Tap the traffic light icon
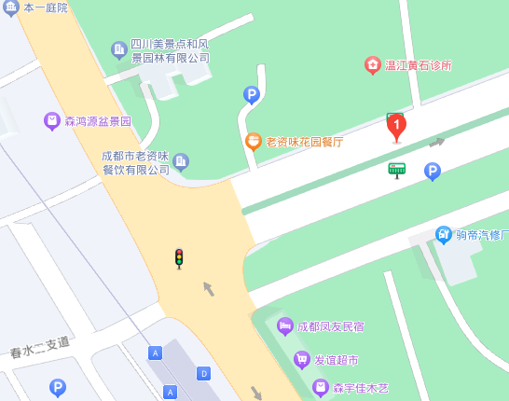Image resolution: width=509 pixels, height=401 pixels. (x=179, y=258)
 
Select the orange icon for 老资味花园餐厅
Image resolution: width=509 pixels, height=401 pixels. (x=253, y=142)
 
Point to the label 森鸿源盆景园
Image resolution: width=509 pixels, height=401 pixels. (x=98, y=121)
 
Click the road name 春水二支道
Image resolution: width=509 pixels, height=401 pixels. (x=40, y=347)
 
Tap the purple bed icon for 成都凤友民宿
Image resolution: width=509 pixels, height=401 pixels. (x=285, y=326)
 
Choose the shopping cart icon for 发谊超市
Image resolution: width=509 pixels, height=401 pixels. (x=302, y=359)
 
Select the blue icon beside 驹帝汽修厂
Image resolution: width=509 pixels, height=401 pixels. (x=444, y=234)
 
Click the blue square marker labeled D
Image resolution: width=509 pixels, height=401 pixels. (x=203, y=373)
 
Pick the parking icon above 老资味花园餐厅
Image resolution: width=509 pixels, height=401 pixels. (x=251, y=94)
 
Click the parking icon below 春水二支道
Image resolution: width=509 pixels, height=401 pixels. (x=58, y=387)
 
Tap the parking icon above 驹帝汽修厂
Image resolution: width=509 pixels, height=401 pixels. (x=433, y=171)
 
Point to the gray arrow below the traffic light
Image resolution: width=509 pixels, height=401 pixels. (x=209, y=289)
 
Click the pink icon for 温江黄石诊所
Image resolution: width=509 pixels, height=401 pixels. (x=373, y=65)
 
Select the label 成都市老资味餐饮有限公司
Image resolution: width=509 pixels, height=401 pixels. (x=136, y=162)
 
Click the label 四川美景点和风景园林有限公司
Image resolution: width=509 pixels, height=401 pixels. (x=170, y=50)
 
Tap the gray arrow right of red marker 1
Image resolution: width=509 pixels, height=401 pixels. (x=436, y=143)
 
